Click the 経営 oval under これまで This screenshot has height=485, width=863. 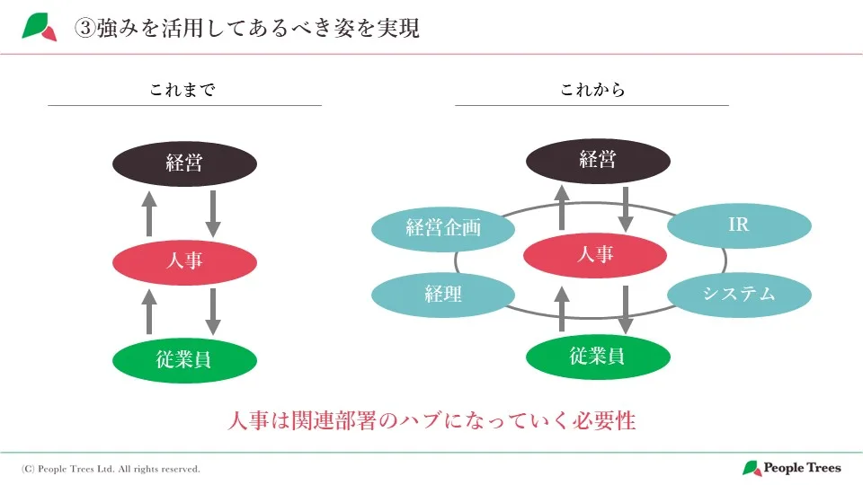pos(184,163)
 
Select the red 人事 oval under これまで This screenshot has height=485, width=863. pos(184,261)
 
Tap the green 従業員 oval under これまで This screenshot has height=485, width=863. pos(184,360)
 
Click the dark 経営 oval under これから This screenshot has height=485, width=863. pos(597,161)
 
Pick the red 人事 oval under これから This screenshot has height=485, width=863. pos(595,255)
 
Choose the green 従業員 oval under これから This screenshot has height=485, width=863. pos(597,356)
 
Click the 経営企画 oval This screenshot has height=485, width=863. pos(443,228)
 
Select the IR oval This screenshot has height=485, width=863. pos(738,225)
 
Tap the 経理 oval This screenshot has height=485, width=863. pos(443,294)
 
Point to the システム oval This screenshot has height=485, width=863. pos(739,294)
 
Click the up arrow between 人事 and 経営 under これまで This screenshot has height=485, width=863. pos(149,213)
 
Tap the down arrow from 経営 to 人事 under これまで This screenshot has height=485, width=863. pos(213,213)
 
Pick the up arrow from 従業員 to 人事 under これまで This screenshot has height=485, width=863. pos(149,312)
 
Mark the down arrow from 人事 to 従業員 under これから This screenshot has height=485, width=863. pos(626,309)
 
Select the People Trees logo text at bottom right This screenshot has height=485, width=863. pos(802,468)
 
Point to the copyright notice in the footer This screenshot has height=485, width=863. pos(111,469)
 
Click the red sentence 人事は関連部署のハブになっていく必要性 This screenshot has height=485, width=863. pos(432,420)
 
